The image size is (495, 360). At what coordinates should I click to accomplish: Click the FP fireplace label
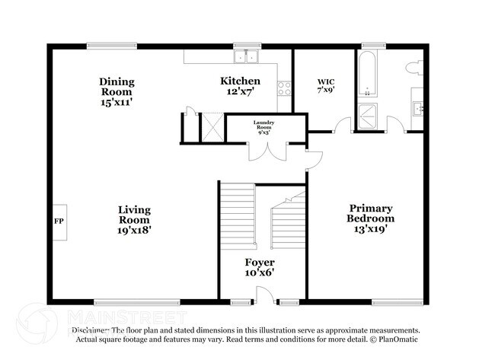click(59, 221)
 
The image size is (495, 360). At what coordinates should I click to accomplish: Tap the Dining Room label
click(117, 86)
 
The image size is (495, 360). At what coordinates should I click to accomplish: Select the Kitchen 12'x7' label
click(240, 86)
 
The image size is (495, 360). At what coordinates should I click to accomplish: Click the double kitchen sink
click(247, 56)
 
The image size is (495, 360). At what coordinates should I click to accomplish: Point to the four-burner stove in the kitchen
click(285, 88)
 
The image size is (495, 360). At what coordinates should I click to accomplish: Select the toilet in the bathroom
click(414, 67)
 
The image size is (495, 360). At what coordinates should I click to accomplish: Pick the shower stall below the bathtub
click(367, 116)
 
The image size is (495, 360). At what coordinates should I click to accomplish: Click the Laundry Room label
click(264, 127)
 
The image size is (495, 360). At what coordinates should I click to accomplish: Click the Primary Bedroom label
click(371, 213)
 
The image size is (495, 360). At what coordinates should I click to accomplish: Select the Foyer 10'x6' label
click(259, 267)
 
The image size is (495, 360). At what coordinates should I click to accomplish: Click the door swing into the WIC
click(342, 126)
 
